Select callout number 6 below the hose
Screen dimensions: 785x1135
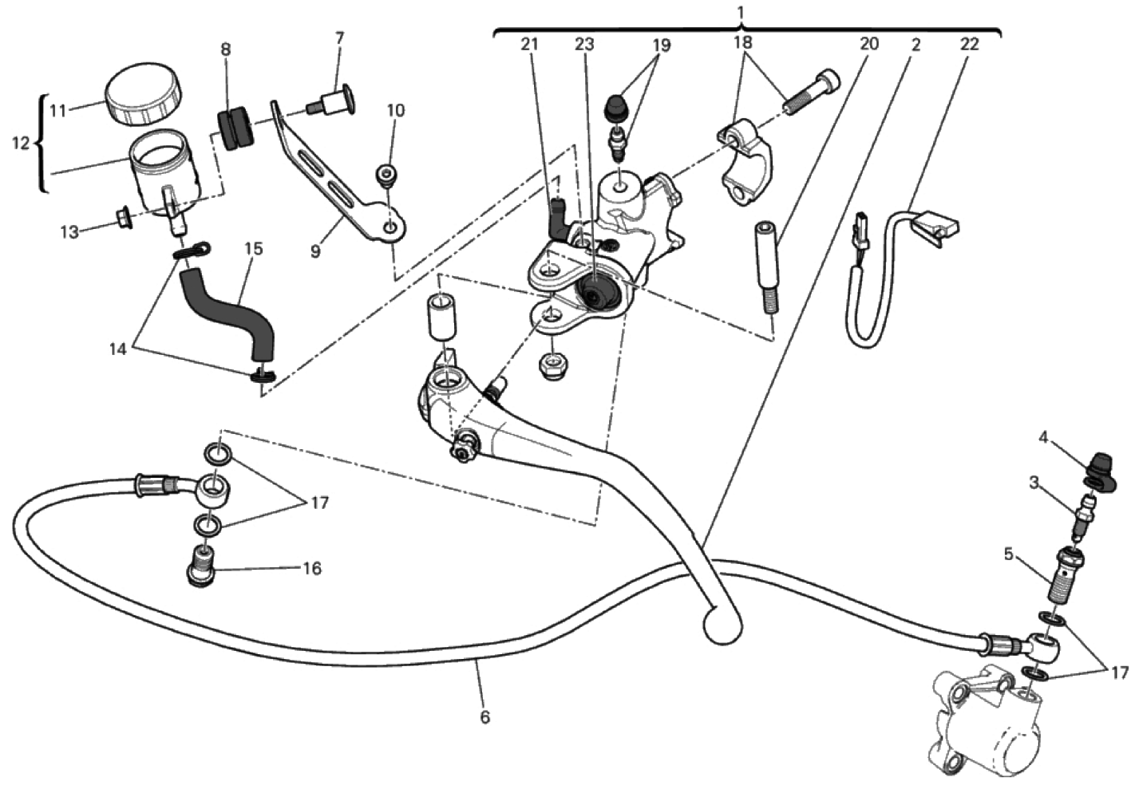point(485,717)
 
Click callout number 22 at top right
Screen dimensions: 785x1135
point(968,45)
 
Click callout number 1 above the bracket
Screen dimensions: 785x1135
point(742,13)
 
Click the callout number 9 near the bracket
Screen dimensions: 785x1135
point(315,250)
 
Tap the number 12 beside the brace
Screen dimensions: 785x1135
point(21,144)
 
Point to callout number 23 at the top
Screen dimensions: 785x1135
point(584,45)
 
